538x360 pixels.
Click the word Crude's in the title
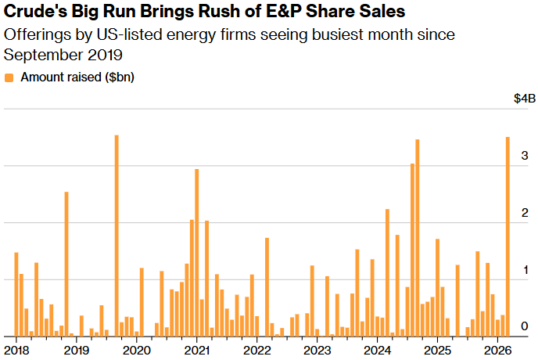[x=29, y=13]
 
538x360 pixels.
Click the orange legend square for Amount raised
[x=9, y=77]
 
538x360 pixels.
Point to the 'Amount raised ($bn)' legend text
[x=77, y=77]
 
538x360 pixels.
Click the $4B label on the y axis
[x=524, y=99]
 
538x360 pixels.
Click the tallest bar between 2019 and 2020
[x=117, y=236]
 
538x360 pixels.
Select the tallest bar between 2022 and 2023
[x=267, y=286]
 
